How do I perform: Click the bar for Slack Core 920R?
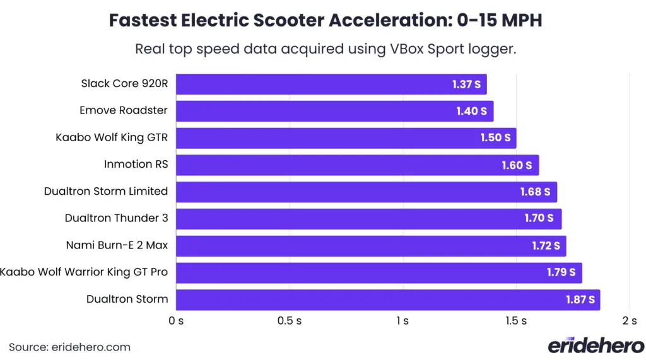click(331, 84)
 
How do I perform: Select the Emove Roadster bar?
click(334, 111)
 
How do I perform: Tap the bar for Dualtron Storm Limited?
click(366, 192)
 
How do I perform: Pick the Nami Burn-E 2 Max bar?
click(370, 246)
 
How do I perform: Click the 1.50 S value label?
click(495, 138)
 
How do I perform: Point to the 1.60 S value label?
click(517, 165)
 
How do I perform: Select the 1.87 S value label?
click(579, 300)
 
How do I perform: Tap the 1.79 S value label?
click(561, 273)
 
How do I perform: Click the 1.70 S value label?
click(539, 219)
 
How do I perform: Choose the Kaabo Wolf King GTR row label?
click(112, 137)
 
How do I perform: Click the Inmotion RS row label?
click(136, 165)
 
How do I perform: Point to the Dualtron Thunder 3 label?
click(116, 218)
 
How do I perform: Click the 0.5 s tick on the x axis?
click(289, 321)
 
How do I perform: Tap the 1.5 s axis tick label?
click(515, 321)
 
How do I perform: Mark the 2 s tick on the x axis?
click(629, 321)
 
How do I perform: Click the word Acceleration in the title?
click(387, 20)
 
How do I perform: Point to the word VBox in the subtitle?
click(403, 49)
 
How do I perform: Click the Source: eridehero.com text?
click(69, 347)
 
